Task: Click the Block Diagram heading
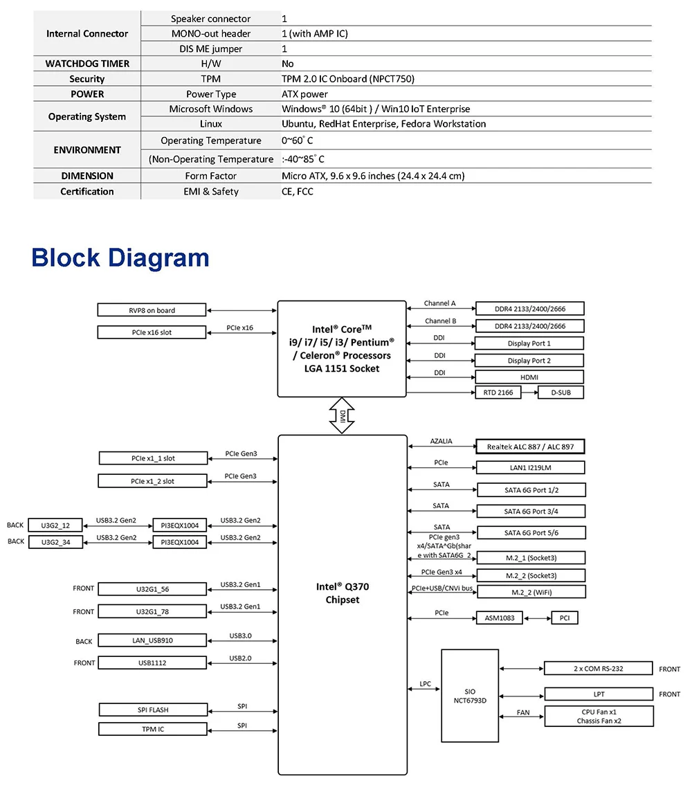120,258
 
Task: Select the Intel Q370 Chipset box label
343,593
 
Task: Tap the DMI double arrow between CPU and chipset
342,415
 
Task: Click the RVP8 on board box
152,310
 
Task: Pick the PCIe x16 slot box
152,332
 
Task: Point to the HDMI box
529,377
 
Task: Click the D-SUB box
561,393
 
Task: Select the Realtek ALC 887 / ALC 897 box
531,447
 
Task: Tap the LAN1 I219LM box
531,468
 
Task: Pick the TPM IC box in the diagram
152,729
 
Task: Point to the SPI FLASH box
152,710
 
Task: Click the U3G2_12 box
55,525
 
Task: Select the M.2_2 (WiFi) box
531,592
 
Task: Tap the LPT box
599,694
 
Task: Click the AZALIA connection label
441,441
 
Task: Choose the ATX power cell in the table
304,94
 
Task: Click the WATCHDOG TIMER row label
87,64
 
